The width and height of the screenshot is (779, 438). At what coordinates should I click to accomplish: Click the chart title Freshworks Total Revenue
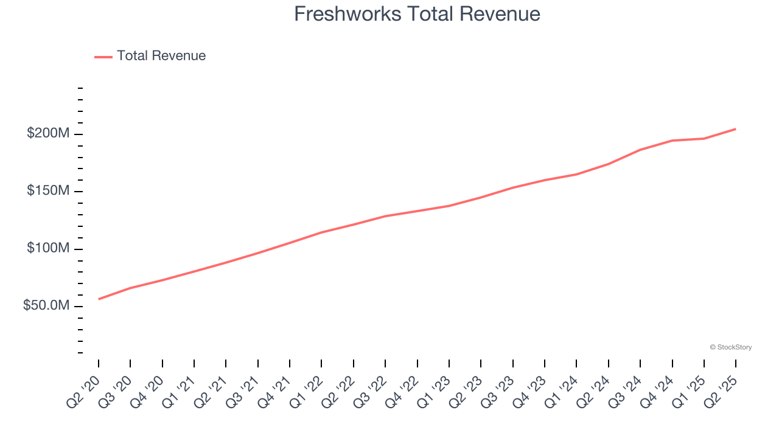417,14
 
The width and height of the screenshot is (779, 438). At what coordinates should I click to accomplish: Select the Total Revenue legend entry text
161,56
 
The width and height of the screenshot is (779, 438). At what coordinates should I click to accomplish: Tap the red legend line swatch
103,57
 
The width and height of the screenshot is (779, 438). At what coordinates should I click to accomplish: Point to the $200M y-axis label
49,133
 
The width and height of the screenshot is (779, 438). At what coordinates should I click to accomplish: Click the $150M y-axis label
49,191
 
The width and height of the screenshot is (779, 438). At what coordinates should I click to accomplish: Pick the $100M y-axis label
49,248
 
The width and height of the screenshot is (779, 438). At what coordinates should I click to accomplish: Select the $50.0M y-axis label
47,305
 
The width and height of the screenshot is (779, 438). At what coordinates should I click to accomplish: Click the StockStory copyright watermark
730,347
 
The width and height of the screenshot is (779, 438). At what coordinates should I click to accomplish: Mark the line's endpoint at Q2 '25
736,129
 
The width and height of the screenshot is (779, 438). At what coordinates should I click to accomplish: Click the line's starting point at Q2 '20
99,299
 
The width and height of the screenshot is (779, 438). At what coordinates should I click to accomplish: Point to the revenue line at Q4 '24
672,141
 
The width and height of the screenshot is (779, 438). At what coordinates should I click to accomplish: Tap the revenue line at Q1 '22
321,232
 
